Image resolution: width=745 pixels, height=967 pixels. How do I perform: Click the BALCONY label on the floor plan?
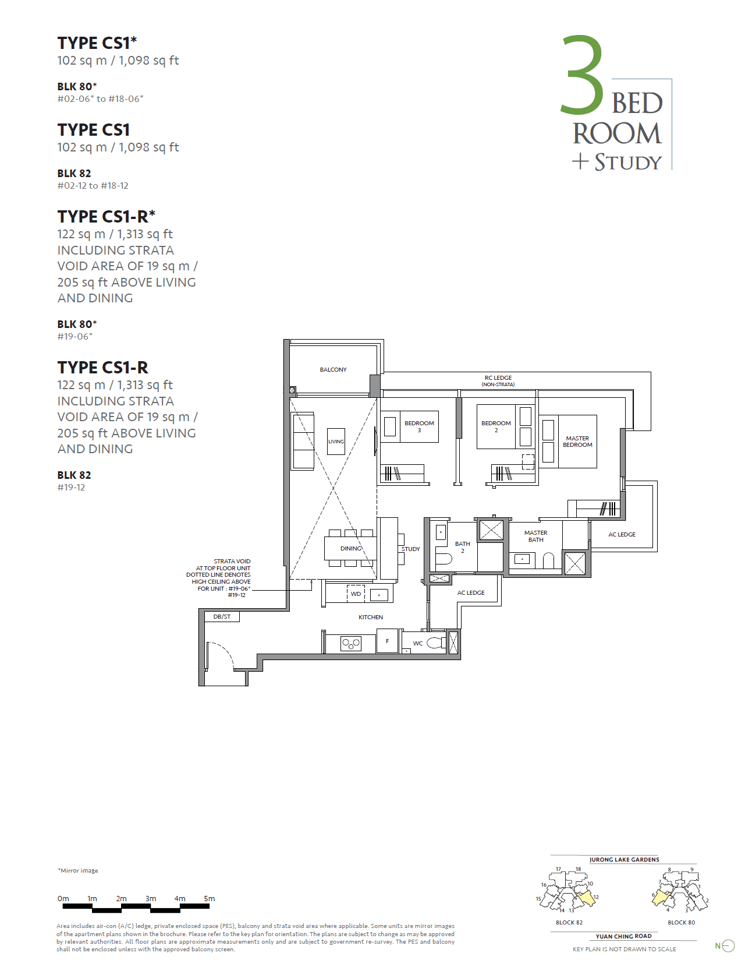[333, 370]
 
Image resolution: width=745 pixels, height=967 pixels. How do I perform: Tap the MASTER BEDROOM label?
[577, 442]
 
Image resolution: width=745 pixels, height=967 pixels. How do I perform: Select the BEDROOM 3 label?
[419, 426]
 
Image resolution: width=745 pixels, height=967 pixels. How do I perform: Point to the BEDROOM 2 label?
[496, 426]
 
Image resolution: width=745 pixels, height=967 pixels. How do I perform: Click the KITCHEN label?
[371, 617]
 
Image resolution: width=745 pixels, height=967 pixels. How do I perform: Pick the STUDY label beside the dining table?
[410, 549]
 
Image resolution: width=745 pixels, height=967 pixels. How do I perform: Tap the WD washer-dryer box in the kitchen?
[356, 594]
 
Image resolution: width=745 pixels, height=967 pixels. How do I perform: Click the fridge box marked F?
[387, 641]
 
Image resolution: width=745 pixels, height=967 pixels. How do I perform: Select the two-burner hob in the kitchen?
[350, 644]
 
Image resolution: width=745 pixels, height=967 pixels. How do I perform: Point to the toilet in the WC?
[435, 643]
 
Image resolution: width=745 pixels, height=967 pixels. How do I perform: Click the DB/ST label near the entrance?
[222, 616]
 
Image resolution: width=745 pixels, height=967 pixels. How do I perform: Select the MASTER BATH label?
[535, 536]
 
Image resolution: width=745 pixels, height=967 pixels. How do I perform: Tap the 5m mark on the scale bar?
[210, 899]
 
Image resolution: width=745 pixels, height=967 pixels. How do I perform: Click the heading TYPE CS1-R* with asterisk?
[107, 217]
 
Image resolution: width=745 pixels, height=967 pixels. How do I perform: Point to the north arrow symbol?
[726, 946]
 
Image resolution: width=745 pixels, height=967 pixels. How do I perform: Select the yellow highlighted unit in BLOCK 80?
[660, 897]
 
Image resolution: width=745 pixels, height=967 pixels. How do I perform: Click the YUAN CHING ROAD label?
[623, 936]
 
